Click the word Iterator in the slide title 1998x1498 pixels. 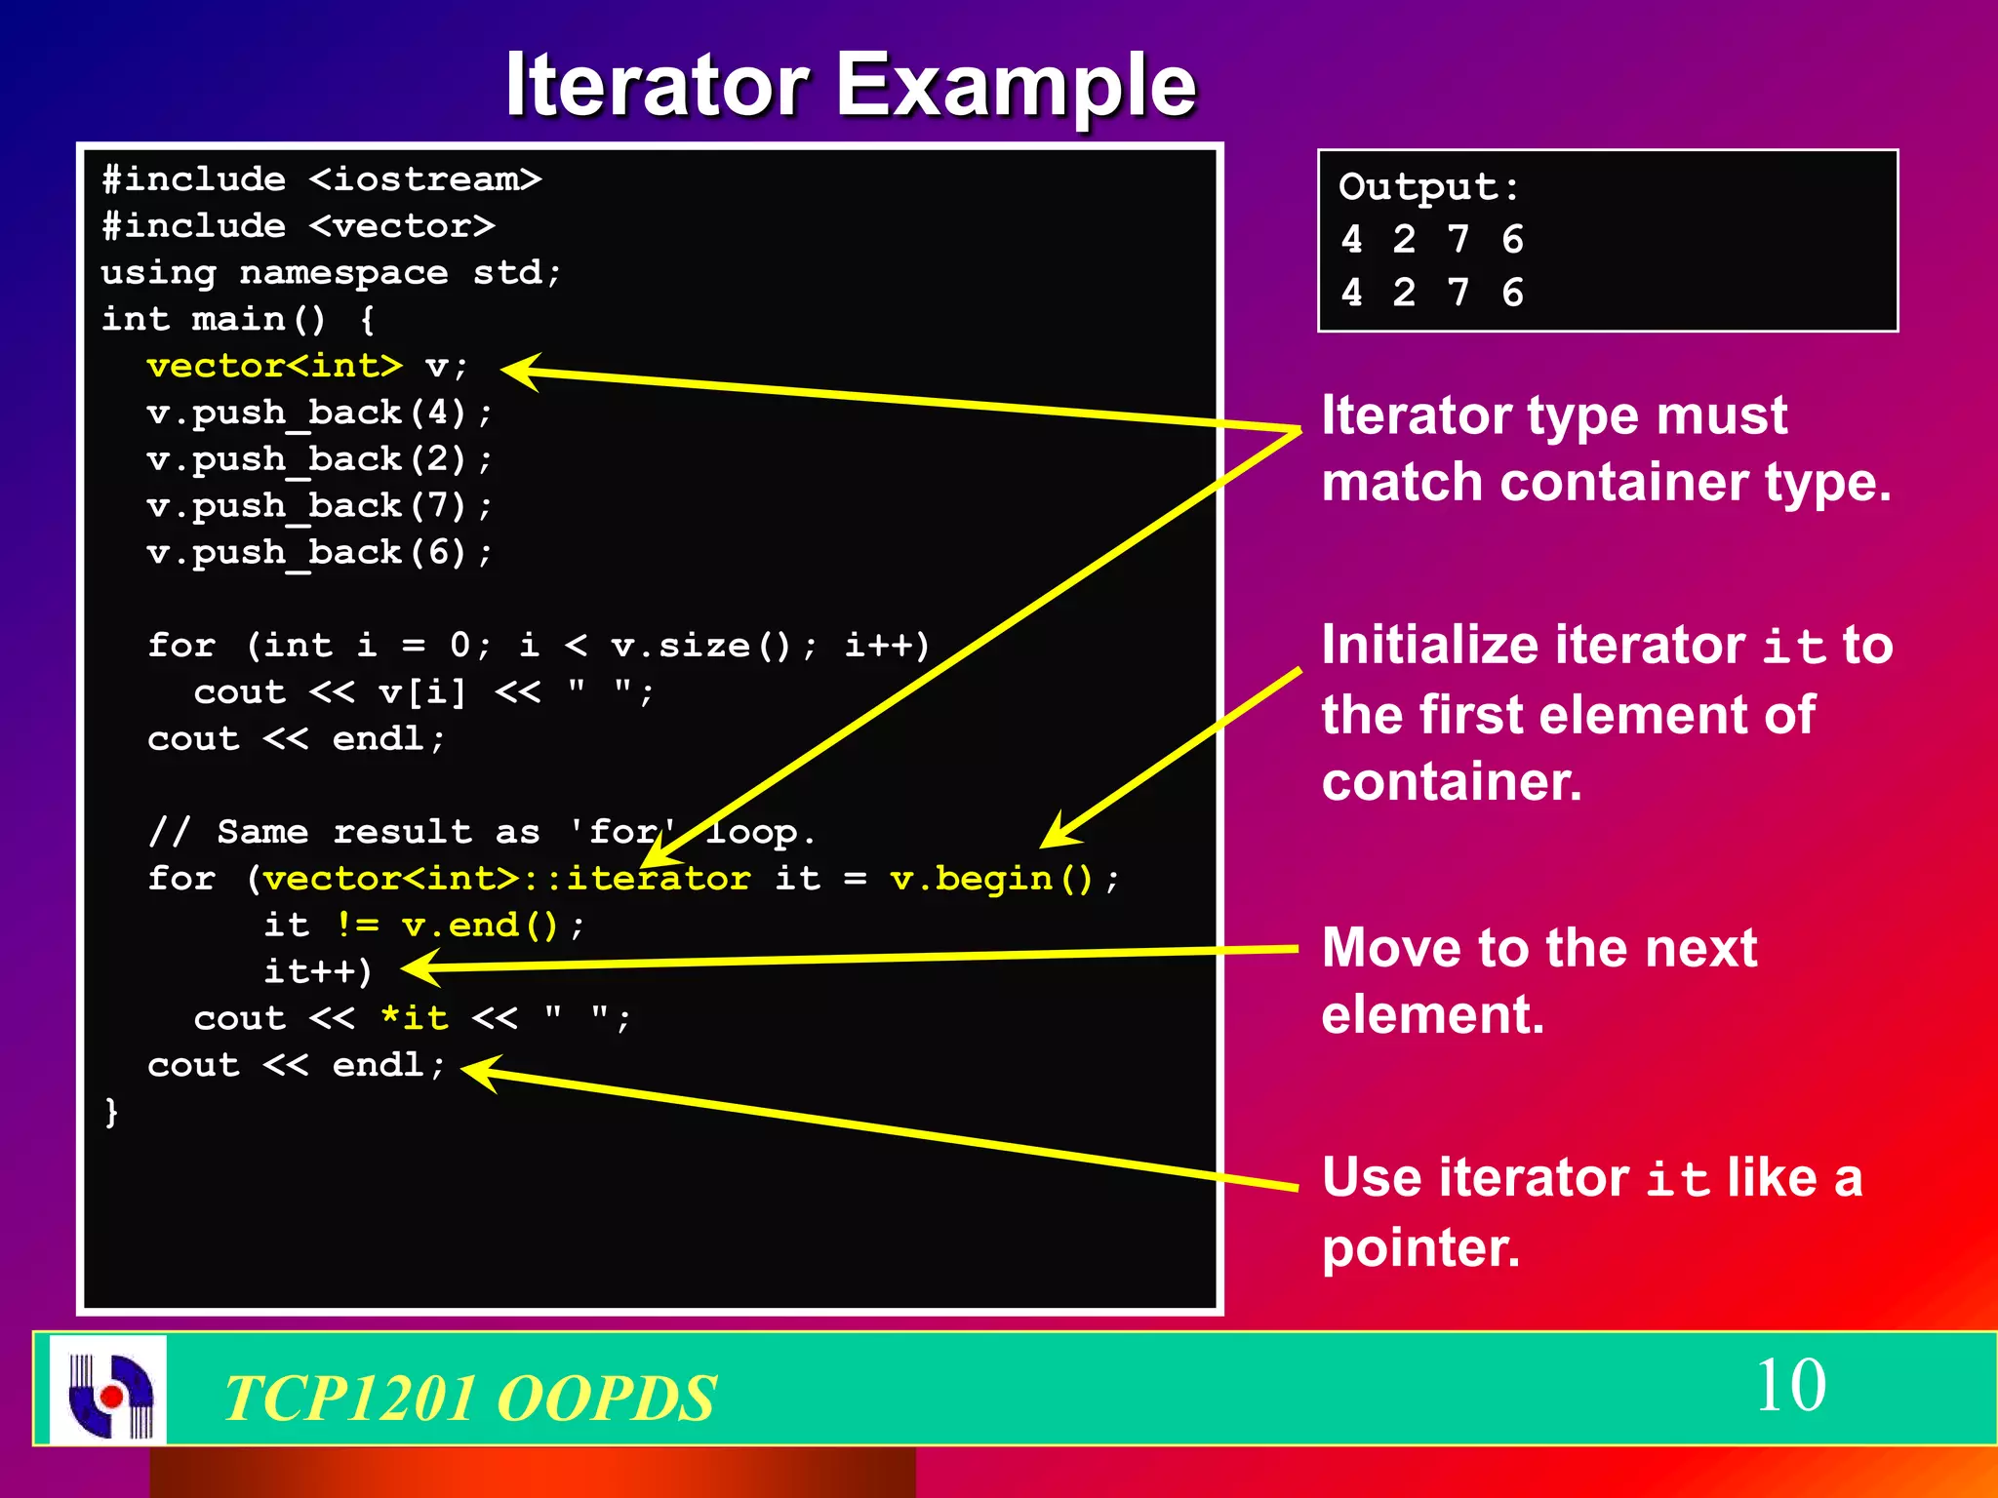tap(657, 85)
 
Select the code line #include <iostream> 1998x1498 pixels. tap(321, 179)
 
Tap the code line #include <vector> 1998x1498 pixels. tap(299, 226)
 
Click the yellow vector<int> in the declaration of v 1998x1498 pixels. tap(274, 366)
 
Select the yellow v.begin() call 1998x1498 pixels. tap(991, 879)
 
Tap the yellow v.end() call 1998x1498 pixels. tap(479, 925)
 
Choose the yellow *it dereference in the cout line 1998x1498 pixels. tap(414, 1018)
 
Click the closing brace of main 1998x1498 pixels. tap(111, 1111)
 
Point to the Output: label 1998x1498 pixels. tap(1428, 187)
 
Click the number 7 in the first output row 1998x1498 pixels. tap(1458, 239)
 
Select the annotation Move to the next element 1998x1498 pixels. tap(1538, 980)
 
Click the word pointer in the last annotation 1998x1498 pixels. tap(1419, 1247)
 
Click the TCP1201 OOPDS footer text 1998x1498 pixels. tap(470, 1398)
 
